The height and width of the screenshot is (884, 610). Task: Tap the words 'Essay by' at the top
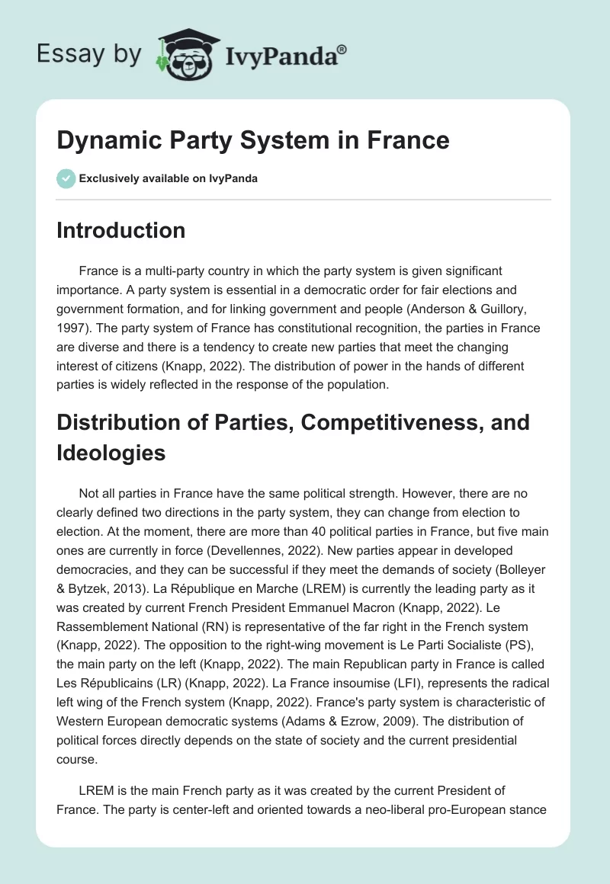coord(90,55)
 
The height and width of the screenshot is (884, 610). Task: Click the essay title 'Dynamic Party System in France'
coord(253,140)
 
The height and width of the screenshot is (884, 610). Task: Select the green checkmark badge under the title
coord(65,178)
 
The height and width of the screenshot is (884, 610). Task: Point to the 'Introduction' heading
coord(120,230)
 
